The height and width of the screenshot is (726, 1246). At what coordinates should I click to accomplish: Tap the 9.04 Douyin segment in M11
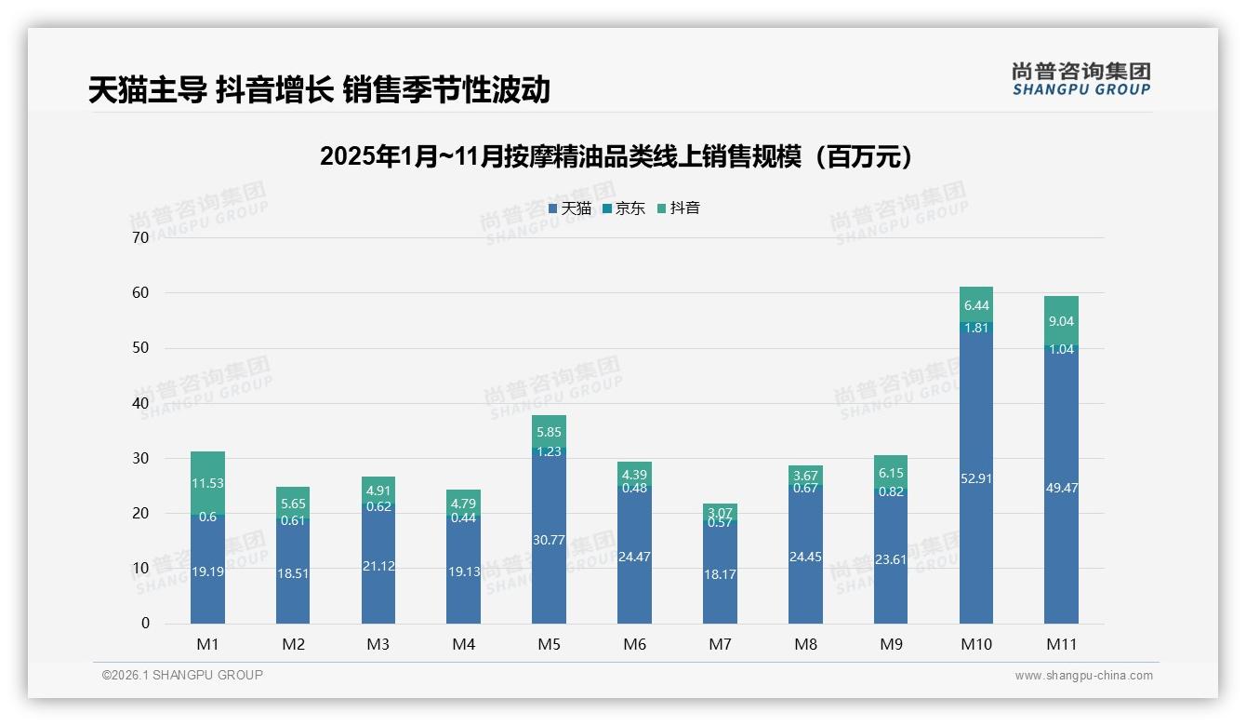[x=1061, y=321]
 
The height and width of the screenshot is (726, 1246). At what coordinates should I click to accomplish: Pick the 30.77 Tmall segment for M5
[x=549, y=540]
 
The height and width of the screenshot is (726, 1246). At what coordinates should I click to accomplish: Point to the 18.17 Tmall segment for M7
[x=720, y=574]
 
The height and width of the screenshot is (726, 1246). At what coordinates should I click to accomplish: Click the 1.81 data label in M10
[x=975, y=328]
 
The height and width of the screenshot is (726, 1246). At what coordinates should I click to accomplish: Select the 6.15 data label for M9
[x=891, y=473]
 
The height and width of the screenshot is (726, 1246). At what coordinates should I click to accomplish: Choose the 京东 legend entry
[x=623, y=208]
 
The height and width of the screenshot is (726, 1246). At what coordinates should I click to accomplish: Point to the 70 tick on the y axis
[x=140, y=237]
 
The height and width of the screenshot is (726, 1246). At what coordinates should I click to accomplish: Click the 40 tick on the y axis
[x=140, y=403]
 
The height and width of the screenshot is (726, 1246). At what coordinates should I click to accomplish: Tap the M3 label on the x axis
[x=378, y=644]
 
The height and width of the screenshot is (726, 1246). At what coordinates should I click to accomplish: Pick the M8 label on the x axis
[x=805, y=644]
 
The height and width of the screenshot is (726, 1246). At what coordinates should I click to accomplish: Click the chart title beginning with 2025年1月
[x=616, y=156]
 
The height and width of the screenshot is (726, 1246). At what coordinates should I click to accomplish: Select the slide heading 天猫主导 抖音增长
[x=319, y=89]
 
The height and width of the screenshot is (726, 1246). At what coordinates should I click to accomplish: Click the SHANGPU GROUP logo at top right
[x=1080, y=78]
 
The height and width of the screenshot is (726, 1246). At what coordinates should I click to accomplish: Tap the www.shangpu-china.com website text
[x=1083, y=676]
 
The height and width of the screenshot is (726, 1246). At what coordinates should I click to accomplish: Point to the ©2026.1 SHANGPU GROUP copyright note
[x=182, y=675]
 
